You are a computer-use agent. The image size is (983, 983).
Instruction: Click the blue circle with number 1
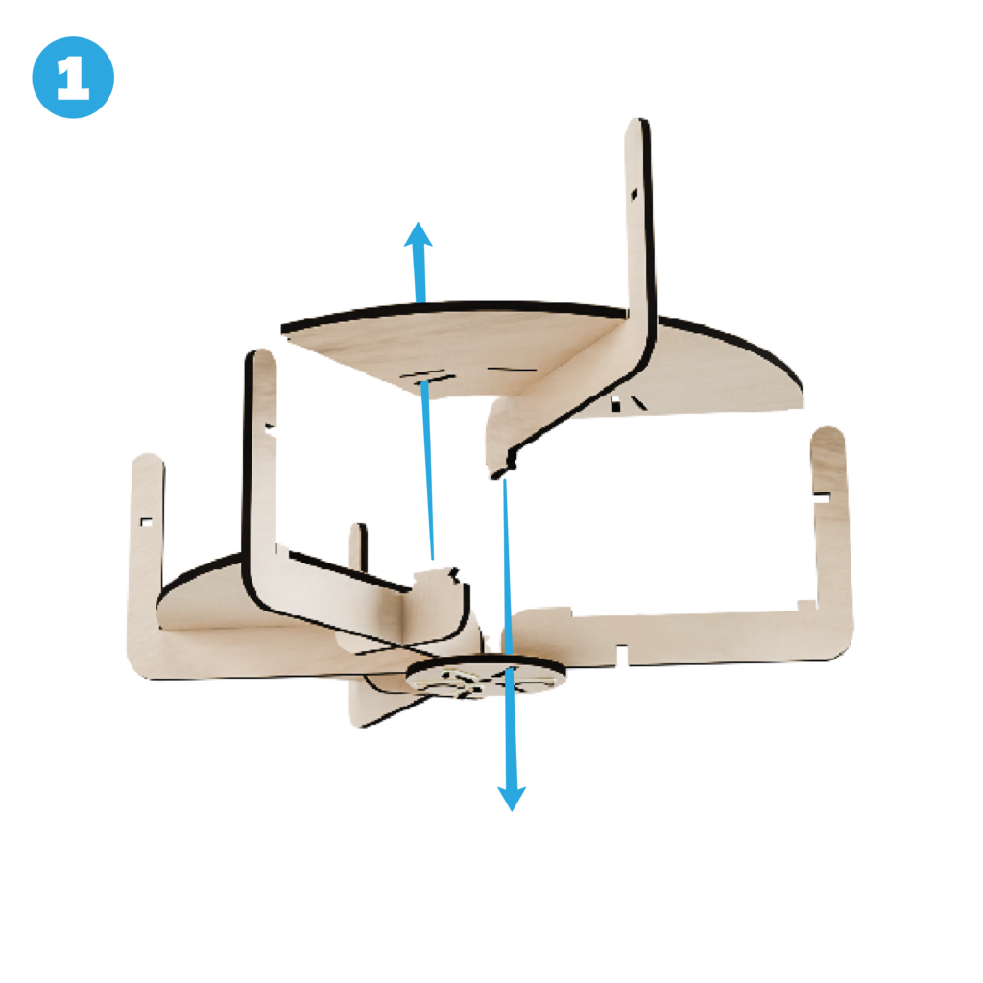point(73,78)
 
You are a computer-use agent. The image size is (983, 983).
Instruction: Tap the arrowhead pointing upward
point(419,234)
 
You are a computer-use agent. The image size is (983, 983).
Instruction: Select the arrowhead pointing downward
point(512,798)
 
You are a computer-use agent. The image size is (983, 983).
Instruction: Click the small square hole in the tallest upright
point(634,194)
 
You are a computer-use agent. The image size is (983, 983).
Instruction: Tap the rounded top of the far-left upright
point(148,461)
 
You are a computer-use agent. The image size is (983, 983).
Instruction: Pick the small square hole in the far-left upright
point(146,521)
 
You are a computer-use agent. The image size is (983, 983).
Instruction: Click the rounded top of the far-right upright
point(827,435)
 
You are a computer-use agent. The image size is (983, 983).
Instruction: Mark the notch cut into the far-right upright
point(822,498)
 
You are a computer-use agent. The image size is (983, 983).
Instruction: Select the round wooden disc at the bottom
point(486,676)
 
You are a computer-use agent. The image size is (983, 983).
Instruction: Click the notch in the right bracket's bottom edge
point(621,654)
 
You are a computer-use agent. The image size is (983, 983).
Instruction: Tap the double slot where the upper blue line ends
point(427,376)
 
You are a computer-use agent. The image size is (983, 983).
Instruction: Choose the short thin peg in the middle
point(358,546)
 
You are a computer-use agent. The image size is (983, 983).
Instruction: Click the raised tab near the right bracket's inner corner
point(806,606)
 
